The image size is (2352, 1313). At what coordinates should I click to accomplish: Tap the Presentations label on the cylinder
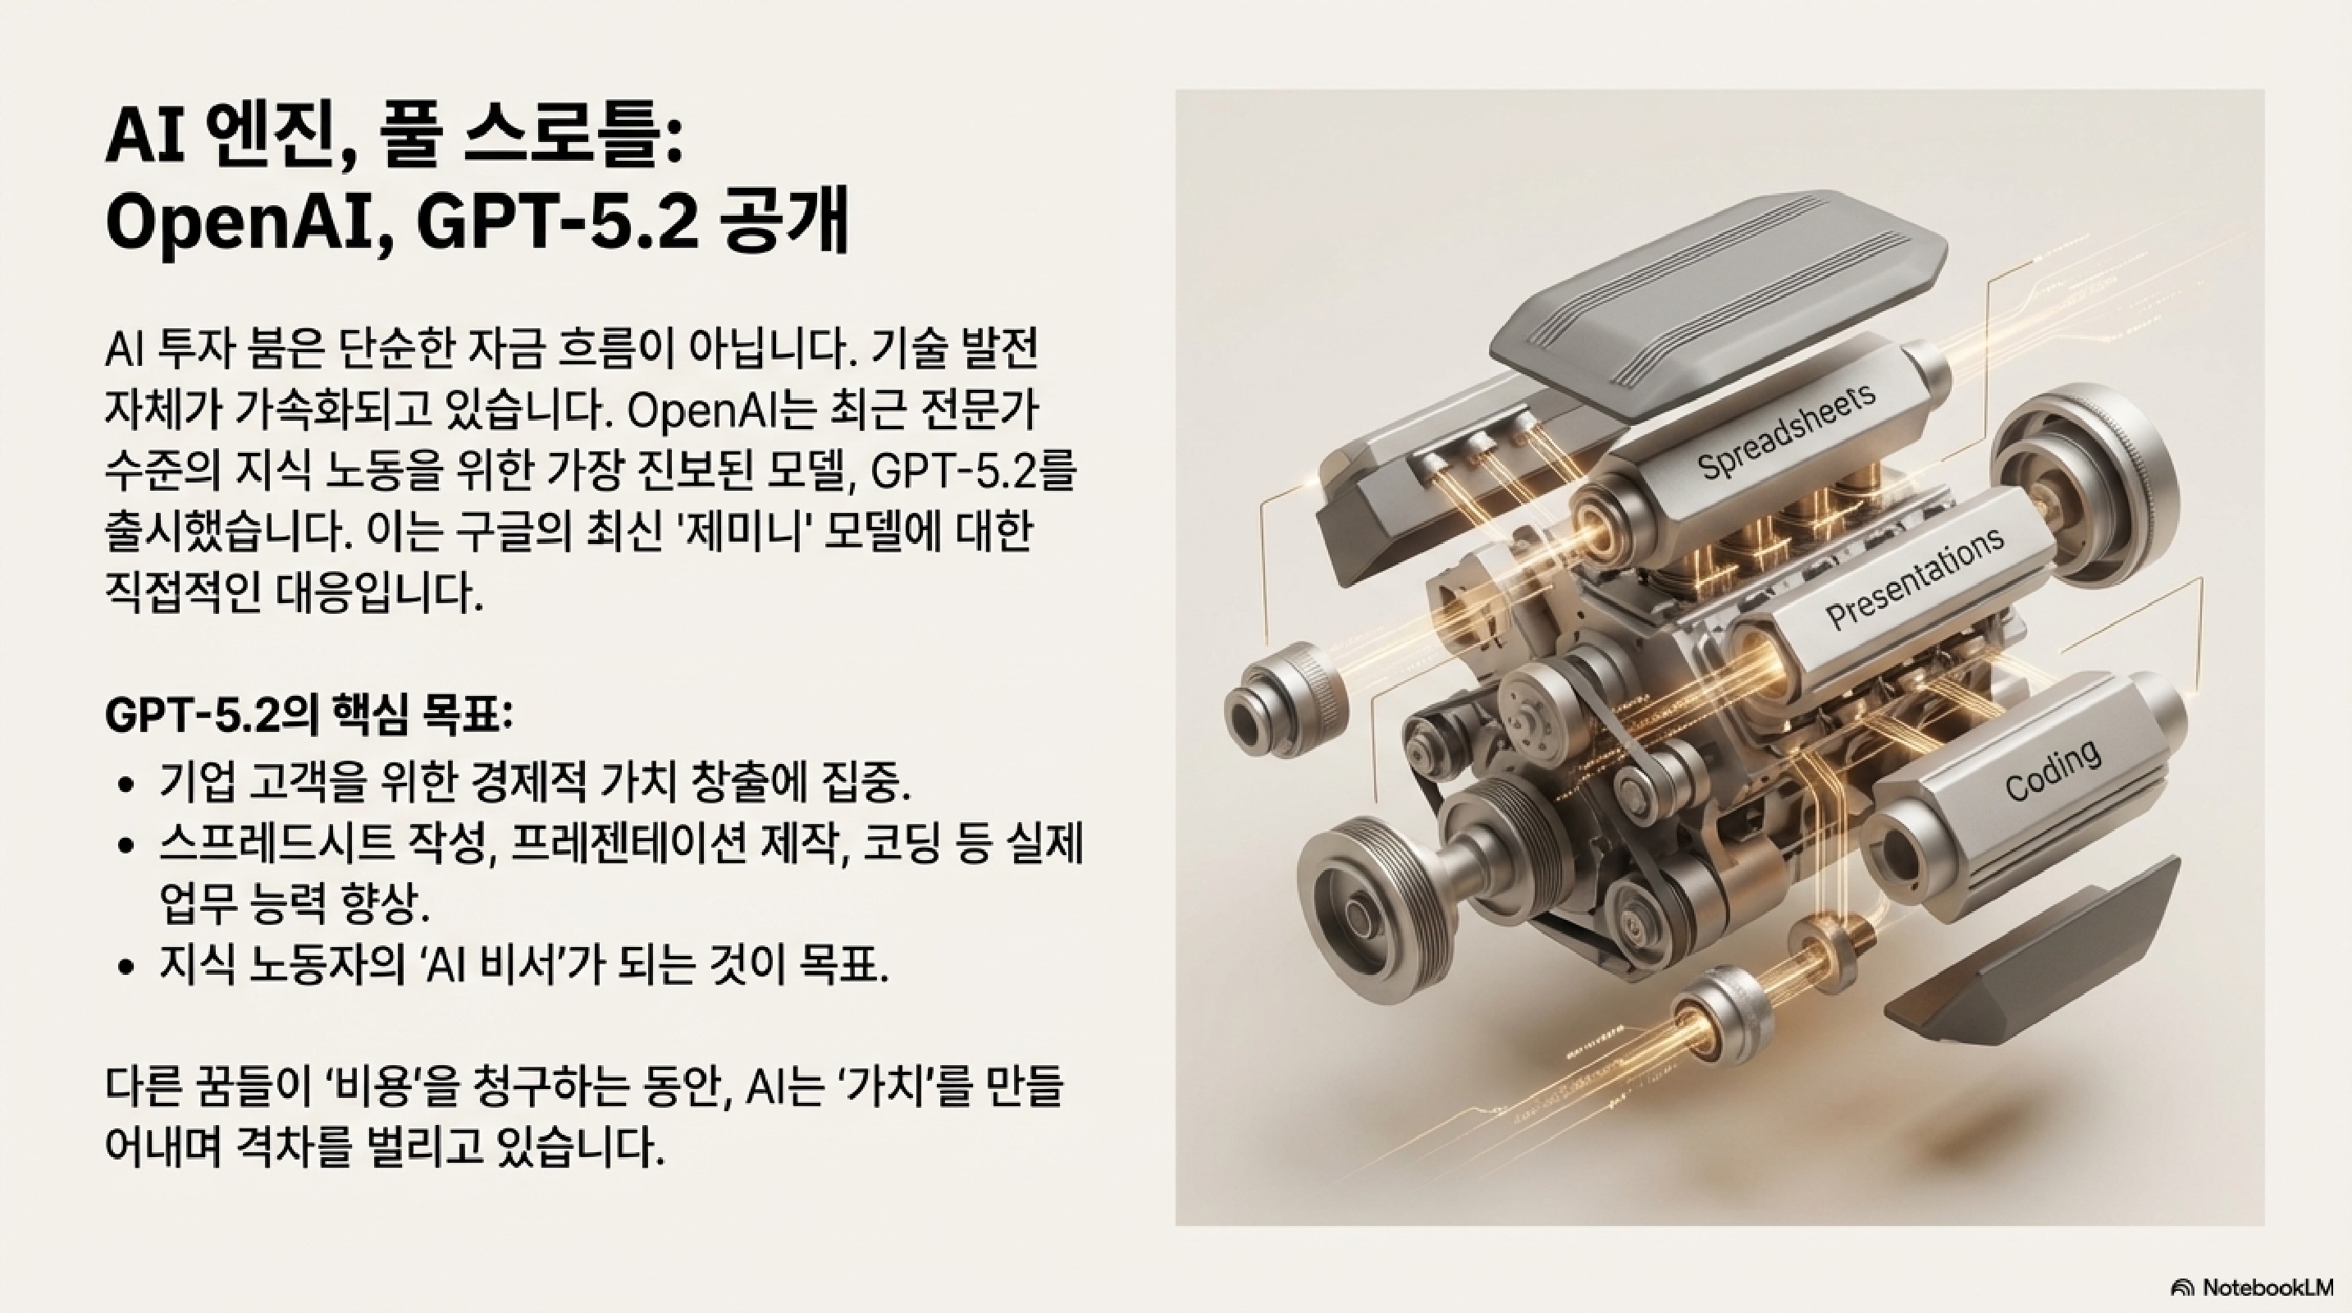[x=1916, y=578]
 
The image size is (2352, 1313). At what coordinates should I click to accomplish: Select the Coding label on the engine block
[x=2053, y=771]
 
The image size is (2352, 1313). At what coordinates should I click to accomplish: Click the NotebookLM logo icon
[x=2183, y=1288]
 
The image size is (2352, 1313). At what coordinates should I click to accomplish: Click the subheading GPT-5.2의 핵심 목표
[x=309, y=715]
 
